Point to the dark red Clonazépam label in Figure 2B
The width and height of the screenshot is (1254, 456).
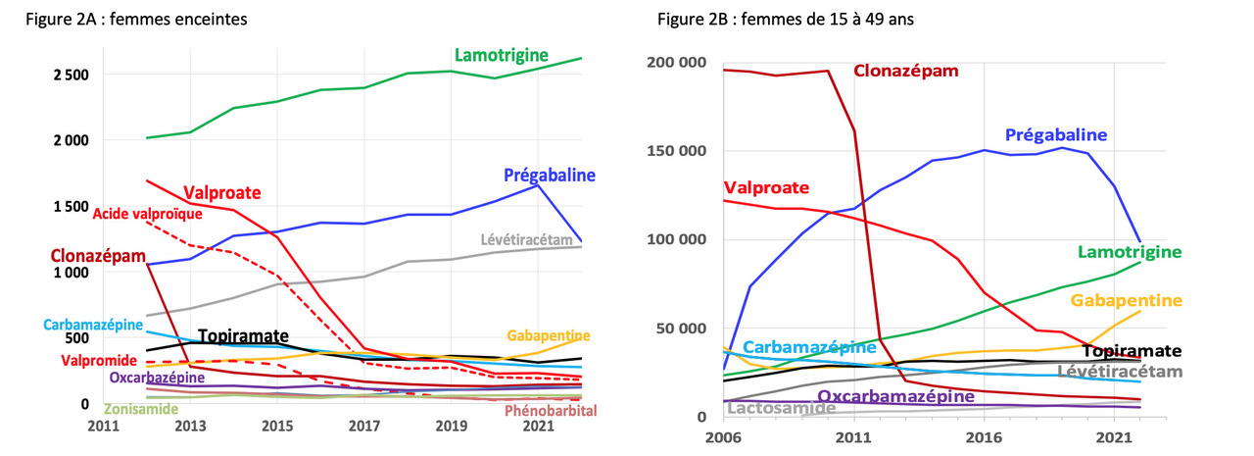click(905, 71)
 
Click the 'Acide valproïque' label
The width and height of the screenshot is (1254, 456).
click(148, 214)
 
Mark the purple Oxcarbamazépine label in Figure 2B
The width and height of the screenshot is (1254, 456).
click(894, 396)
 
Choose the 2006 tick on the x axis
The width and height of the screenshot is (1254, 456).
click(723, 437)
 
